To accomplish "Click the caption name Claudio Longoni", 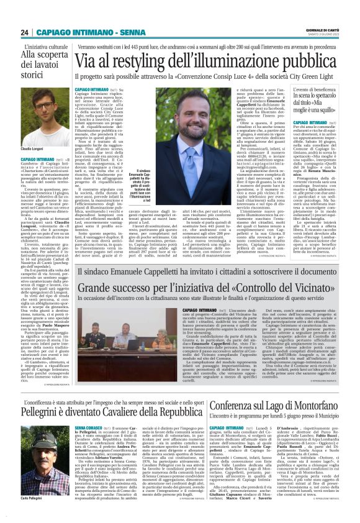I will click(32, 149).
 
